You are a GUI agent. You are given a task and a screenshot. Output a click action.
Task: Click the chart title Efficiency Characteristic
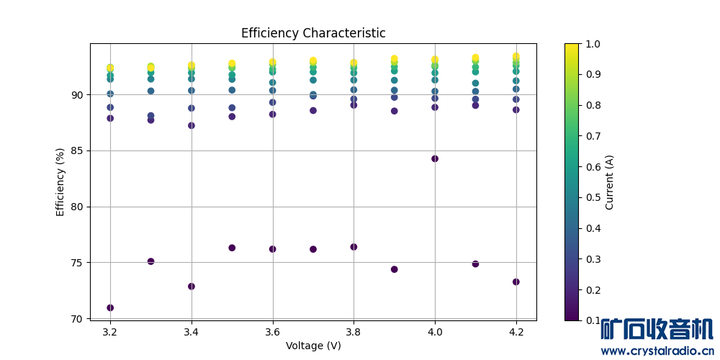(313, 33)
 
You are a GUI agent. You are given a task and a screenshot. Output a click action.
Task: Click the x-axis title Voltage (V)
(313, 346)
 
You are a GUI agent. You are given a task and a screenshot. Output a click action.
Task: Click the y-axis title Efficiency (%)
(60, 181)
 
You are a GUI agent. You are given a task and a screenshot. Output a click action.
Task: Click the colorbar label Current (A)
(609, 182)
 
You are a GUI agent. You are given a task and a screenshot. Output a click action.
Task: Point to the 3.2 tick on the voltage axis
(110, 332)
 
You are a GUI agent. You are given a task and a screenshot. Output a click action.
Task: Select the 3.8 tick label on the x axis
(354, 332)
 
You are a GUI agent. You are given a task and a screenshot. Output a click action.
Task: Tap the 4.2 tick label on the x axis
(516, 332)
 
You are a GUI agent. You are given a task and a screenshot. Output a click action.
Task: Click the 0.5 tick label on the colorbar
(595, 197)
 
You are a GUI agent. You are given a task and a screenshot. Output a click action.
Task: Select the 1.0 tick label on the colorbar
(595, 44)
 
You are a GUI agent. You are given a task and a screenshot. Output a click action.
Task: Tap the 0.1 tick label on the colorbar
(595, 320)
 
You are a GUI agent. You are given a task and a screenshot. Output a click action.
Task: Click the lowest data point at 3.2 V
(110, 307)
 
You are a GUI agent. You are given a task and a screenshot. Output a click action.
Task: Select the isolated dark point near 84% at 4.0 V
(435, 158)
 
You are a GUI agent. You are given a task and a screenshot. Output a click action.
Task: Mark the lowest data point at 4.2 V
(516, 282)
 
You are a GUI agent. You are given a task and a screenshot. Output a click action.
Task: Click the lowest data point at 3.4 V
(192, 286)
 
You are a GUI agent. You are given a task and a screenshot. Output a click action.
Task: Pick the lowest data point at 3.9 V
(395, 269)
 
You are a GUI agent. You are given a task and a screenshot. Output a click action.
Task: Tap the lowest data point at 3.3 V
(150, 261)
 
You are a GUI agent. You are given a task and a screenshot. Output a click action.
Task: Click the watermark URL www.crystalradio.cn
(657, 351)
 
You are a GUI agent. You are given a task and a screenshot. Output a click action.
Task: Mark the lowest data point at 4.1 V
(475, 264)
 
